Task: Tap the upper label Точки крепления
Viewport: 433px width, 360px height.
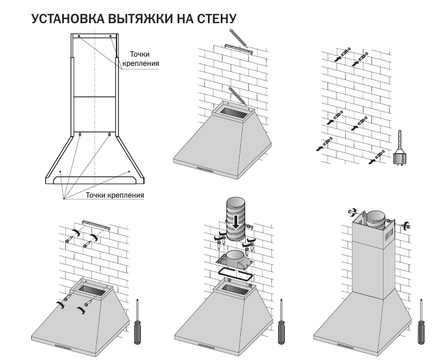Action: click(144, 59)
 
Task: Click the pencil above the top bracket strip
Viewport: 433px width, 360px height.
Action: click(237, 36)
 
